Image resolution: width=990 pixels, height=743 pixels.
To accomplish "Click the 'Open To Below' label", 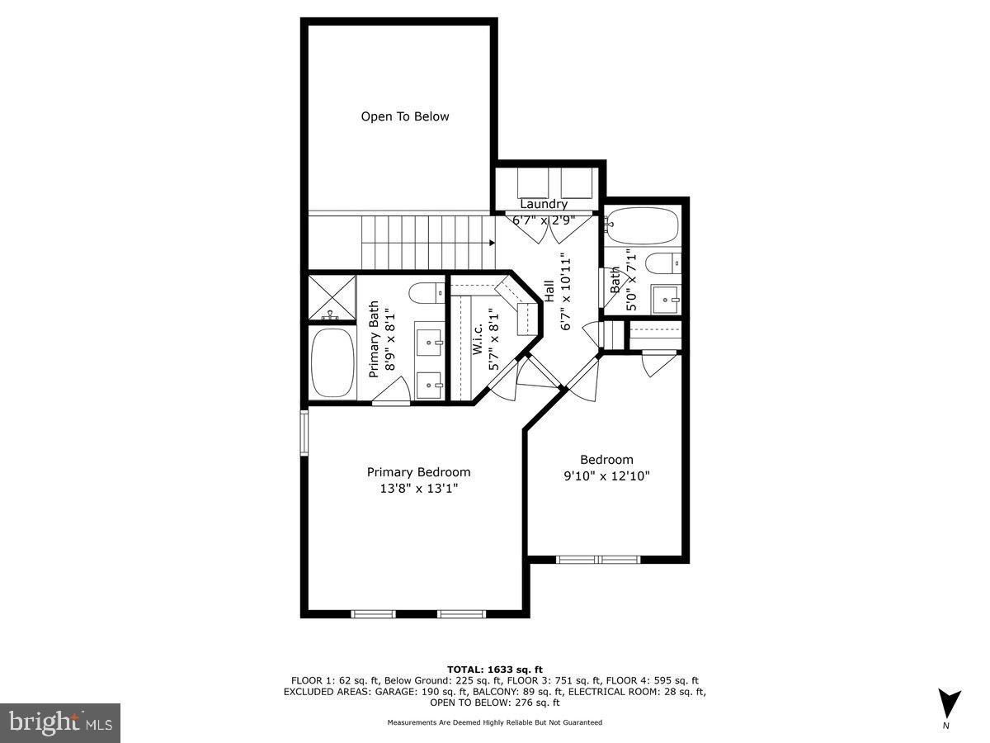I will [405, 116].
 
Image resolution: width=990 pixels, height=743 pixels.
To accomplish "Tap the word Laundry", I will [544, 204].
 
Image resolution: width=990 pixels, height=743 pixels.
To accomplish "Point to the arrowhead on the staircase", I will [492, 243].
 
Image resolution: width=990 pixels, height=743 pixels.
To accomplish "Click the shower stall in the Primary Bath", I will [332, 298].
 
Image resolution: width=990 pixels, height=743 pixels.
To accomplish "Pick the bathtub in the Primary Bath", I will [331, 362].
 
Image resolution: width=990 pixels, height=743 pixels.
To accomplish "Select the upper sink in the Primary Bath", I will [429, 339].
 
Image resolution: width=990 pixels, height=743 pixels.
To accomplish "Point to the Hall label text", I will [549, 291].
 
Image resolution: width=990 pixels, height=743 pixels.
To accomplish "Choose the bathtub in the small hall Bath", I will [642, 224].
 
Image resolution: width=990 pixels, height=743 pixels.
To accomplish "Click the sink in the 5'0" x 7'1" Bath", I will [664, 300].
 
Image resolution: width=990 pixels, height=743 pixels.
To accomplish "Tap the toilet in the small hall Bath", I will [663, 263].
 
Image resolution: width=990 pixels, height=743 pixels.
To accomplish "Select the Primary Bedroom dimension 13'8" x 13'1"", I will [418, 489].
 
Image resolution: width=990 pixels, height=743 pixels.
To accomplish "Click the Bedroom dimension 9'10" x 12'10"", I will [606, 476].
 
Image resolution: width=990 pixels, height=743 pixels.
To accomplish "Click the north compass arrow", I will [950, 703].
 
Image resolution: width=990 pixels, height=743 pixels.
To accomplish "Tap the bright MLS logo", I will [59, 723].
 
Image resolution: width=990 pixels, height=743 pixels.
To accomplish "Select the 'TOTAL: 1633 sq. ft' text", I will [495, 669].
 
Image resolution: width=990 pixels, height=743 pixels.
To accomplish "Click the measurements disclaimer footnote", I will [495, 722].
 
